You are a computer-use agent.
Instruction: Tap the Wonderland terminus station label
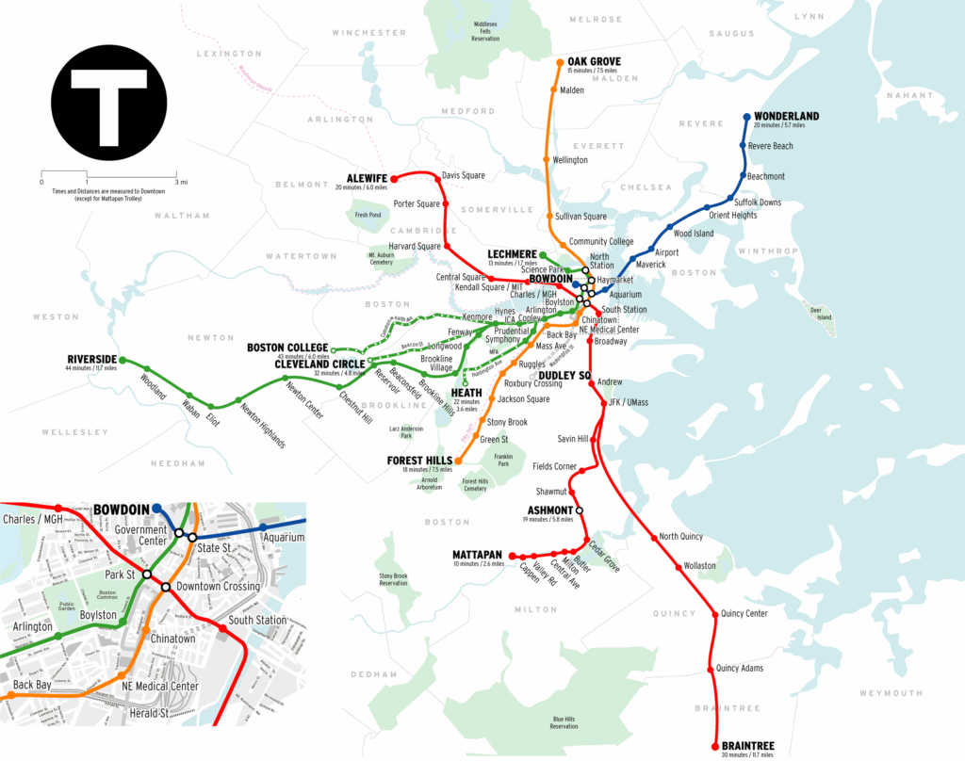786,117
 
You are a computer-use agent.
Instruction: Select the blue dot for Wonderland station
746,118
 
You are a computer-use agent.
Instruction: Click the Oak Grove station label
594,62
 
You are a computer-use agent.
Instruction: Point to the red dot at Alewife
394,178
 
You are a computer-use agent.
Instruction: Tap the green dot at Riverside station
122,361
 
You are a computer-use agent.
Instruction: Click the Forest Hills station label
418,461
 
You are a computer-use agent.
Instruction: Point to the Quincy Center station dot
713,614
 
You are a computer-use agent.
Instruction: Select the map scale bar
108,175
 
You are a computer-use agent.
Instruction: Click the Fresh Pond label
368,215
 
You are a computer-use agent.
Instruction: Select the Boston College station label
287,348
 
